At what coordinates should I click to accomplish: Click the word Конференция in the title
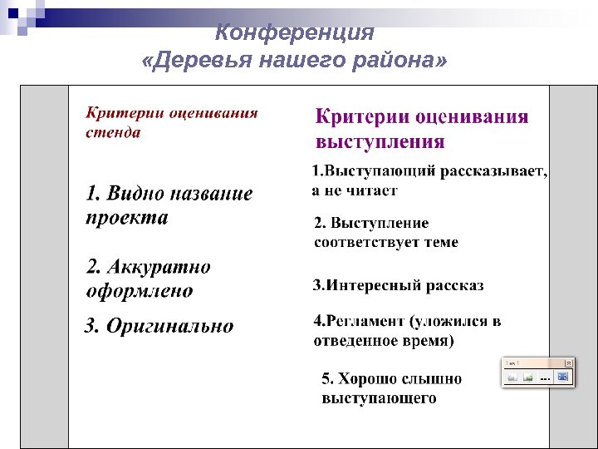(295, 33)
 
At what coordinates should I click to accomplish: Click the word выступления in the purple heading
(380, 141)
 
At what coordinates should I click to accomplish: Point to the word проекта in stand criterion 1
(127, 218)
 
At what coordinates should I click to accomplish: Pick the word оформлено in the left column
(140, 292)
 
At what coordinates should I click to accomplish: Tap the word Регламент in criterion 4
(365, 322)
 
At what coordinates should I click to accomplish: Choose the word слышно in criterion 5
(433, 379)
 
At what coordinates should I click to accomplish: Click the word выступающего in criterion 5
(379, 398)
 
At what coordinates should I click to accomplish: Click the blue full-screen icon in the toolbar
(562, 377)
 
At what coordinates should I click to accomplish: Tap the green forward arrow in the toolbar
(527, 377)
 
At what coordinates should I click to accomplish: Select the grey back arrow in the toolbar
(512, 377)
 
